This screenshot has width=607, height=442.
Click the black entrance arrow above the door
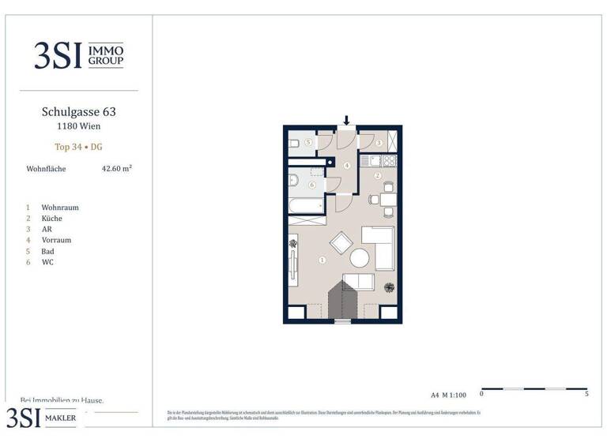(346, 121)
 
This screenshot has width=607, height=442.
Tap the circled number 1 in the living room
(322, 260)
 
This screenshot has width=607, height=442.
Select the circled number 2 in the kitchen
(378, 175)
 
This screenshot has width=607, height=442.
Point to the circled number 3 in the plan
(379, 143)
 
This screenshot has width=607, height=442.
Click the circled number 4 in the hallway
(346, 166)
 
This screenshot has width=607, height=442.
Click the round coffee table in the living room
(360, 258)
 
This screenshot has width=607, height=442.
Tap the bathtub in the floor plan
(306, 206)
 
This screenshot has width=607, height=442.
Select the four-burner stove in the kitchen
(389, 160)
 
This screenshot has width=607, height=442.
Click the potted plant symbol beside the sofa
(388, 287)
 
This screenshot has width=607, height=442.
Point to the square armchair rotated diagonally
(341, 242)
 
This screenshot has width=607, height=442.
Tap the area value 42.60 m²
(116, 168)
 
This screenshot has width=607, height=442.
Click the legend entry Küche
(51, 219)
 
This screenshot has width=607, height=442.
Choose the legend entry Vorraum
(56, 240)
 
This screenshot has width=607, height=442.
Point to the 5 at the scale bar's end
(586, 393)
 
